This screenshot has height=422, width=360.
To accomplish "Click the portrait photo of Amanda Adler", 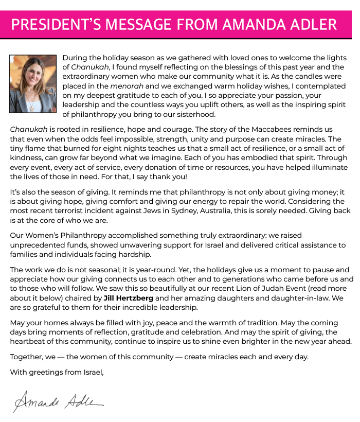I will pyautogui.click(x=33, y=84).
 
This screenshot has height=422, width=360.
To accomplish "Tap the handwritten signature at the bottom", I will pyautogui.click(x=59, y=400).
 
